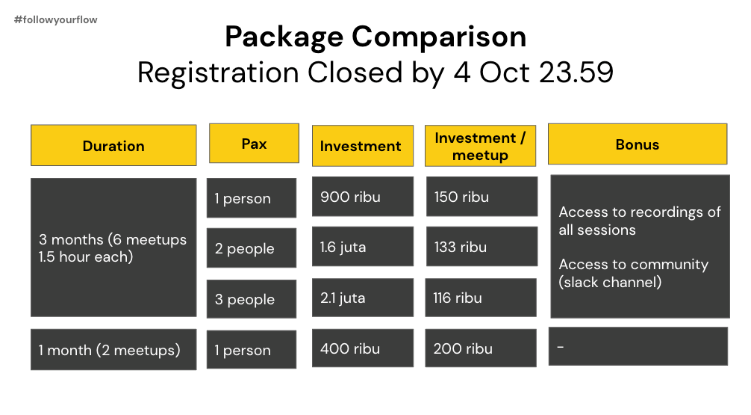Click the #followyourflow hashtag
[55, 19]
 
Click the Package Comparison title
[375, 37]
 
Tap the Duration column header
[113, 145]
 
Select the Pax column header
[254, 144]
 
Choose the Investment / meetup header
[481, 146]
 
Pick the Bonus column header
[638, 144]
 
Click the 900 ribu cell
[363, 196]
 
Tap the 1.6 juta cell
[363, 247]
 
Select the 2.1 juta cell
[363, 298]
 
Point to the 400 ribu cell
[363, 348]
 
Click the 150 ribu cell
[482, 196]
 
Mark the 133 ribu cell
[482, 247]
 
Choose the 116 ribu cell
[481, 298]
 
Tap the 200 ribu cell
[481, 348]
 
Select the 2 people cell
[252, 248]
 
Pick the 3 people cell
[252, 299]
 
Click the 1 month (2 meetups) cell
[113, 350]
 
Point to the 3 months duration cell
[113, 248]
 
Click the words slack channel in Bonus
[610, 282]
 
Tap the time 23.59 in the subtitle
[576, 73]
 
